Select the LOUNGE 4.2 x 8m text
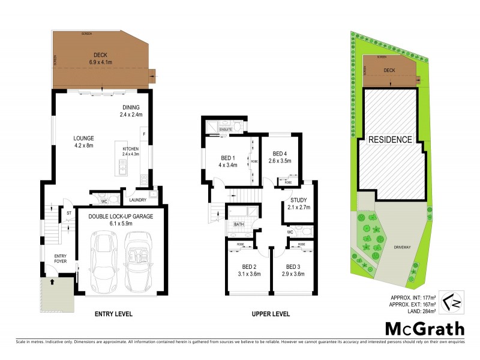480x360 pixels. [84, 142]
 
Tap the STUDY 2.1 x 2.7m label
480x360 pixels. [298, 203]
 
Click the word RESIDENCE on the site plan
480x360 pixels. [390, 140]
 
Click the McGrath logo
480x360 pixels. [425, 329]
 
